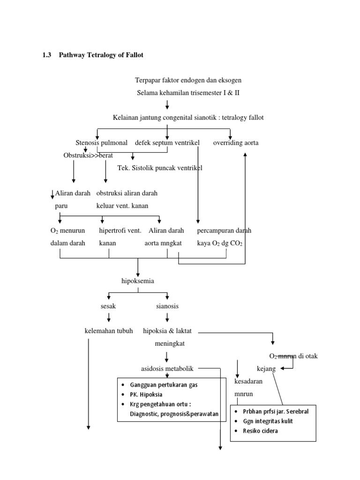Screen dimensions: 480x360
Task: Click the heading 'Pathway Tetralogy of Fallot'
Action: pos(101,55)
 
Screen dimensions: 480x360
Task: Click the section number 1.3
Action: pos(47,55)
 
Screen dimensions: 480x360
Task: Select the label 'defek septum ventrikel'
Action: pos(167,142)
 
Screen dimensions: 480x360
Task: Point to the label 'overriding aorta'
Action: pos(236,142)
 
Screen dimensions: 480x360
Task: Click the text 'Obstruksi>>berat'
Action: pos(88,155)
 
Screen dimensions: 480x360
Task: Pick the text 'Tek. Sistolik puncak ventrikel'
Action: pos(159,168)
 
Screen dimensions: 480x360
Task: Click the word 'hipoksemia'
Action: pos(138,281)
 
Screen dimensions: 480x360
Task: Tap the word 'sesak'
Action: pos(108,306)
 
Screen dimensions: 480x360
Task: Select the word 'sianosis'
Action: pos(167,306)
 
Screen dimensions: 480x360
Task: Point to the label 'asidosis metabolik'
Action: pos(167,368)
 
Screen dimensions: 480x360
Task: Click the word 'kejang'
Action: pos(266,369)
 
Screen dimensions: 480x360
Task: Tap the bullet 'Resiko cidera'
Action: pos(255,431)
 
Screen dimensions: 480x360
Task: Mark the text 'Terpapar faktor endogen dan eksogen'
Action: pos(188,81)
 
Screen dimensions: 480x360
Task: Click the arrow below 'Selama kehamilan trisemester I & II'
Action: pos(167,105)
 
